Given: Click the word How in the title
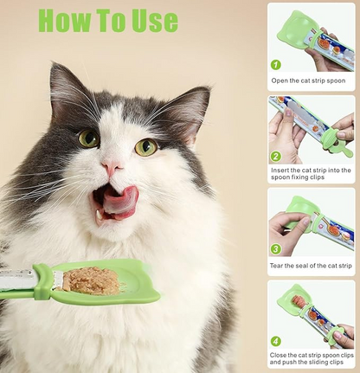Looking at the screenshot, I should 70,20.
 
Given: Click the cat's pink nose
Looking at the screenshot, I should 112,167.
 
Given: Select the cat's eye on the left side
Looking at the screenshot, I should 88,138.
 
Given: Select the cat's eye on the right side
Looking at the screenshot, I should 145,147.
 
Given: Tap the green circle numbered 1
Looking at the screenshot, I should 276,65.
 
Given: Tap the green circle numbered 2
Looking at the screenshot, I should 276,157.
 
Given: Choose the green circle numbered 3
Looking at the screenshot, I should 276,249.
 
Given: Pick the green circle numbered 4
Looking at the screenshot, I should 276,341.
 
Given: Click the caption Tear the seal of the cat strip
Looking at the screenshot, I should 312,265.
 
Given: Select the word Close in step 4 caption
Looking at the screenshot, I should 281,355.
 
